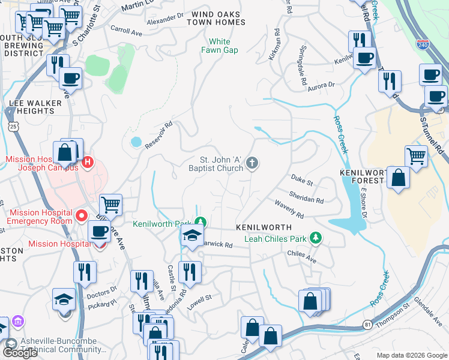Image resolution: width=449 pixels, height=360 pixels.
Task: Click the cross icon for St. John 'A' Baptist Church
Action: pos(253,162)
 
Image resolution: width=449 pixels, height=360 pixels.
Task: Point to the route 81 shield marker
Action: pos(367,325)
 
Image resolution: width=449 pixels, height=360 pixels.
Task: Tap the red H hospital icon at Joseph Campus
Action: pos(88,161)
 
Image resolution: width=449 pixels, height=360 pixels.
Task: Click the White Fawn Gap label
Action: pos(223,46)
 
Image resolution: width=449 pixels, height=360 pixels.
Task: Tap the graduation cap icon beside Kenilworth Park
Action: pos(192,235)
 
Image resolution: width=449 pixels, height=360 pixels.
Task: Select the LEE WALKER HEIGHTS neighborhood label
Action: pos(35,107)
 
